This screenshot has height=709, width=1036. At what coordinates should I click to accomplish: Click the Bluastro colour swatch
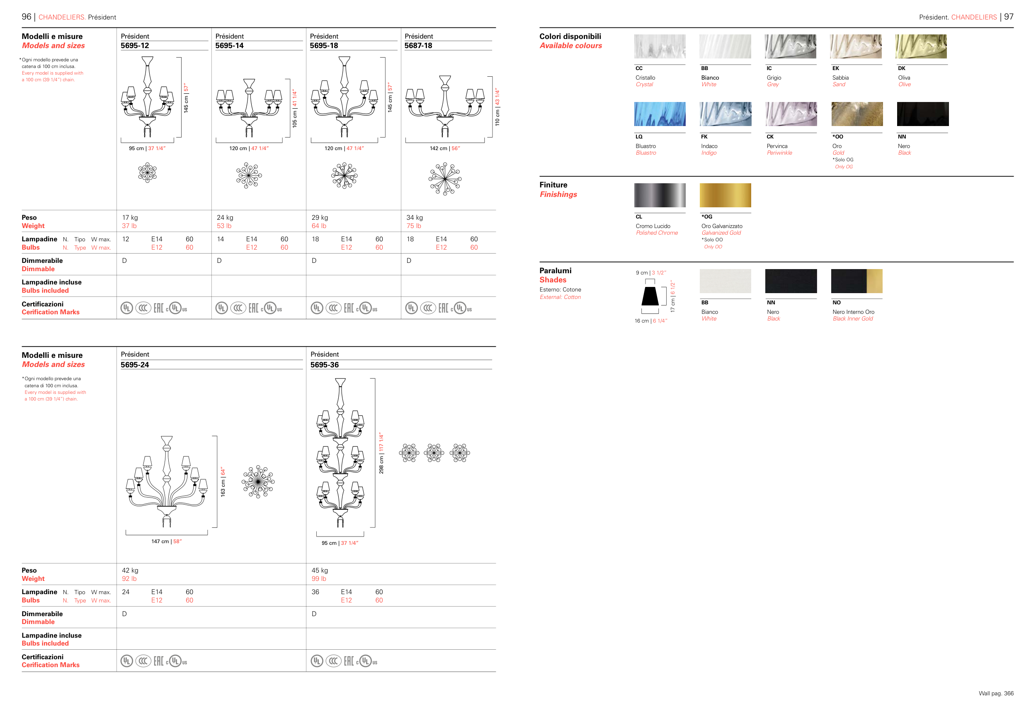[660, 114]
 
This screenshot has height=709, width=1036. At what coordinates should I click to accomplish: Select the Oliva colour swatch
[921, 46]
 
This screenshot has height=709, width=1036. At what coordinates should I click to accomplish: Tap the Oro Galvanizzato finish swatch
[725, 195]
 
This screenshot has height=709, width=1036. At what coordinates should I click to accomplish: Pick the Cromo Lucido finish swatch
[660, 195]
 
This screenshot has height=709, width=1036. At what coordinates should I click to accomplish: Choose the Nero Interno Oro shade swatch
[857, 281]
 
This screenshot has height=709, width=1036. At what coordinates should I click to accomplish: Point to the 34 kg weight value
[415, 218]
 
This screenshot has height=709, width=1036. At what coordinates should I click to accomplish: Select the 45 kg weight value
[320, 571]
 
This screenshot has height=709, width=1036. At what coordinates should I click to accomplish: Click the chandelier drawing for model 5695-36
[341, 453]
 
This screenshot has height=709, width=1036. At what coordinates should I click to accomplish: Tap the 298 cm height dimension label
[381, 453]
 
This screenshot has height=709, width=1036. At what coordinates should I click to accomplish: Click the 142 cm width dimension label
[444, 148]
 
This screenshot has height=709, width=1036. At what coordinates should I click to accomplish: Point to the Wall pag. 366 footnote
[996, 693]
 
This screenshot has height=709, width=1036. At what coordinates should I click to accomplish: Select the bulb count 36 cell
[315, 592]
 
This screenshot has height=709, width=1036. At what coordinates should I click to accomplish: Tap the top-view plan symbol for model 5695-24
[258, 482]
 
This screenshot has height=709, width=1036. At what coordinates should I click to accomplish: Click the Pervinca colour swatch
[791, 114]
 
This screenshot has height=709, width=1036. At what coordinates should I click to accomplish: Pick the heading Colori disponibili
[570, 36]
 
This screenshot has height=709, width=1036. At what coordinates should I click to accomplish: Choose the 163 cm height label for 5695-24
[223, 482]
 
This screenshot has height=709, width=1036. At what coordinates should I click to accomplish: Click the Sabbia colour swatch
[856, 46]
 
